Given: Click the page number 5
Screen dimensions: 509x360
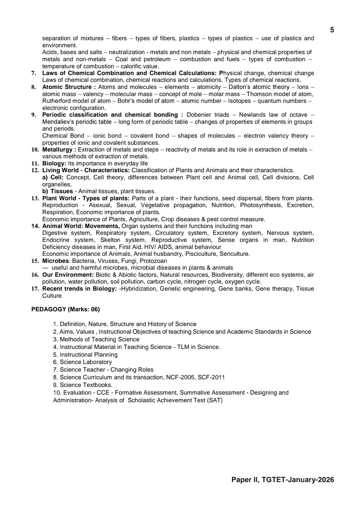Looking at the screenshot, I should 332,30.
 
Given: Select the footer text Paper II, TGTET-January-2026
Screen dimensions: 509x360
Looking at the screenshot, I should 282,480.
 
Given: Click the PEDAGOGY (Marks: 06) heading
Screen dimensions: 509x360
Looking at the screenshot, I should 65,309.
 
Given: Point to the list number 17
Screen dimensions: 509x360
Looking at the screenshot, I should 35,289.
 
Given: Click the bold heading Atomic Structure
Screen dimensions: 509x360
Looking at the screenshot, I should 67,87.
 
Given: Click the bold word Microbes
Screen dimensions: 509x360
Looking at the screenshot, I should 55,261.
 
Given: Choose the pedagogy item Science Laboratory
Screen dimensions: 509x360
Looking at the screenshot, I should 86,362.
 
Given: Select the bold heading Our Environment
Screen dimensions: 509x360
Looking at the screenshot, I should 68,275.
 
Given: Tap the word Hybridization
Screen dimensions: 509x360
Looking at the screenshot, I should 139,289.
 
